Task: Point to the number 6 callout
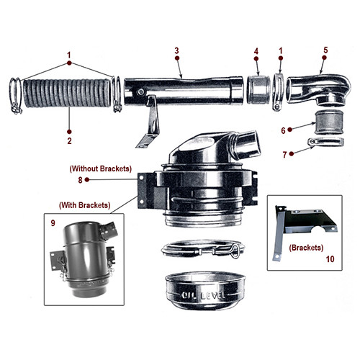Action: [283, 130]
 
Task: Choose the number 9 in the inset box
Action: [53, 224]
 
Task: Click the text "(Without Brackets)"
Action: [100, 168]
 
